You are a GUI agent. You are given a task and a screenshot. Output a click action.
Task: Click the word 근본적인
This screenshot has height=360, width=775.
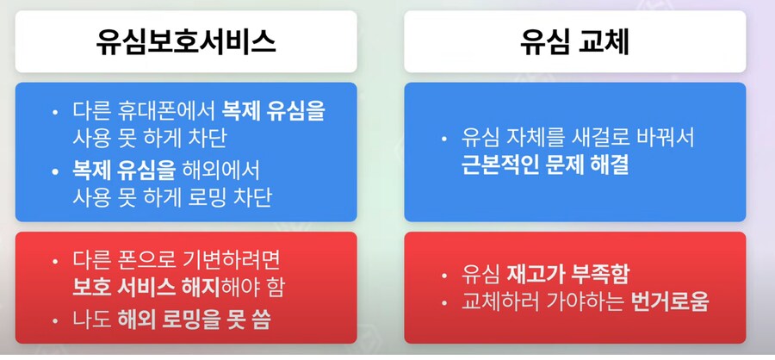coord(498,164)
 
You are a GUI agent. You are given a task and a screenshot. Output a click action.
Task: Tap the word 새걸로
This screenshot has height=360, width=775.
coord(587,137)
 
